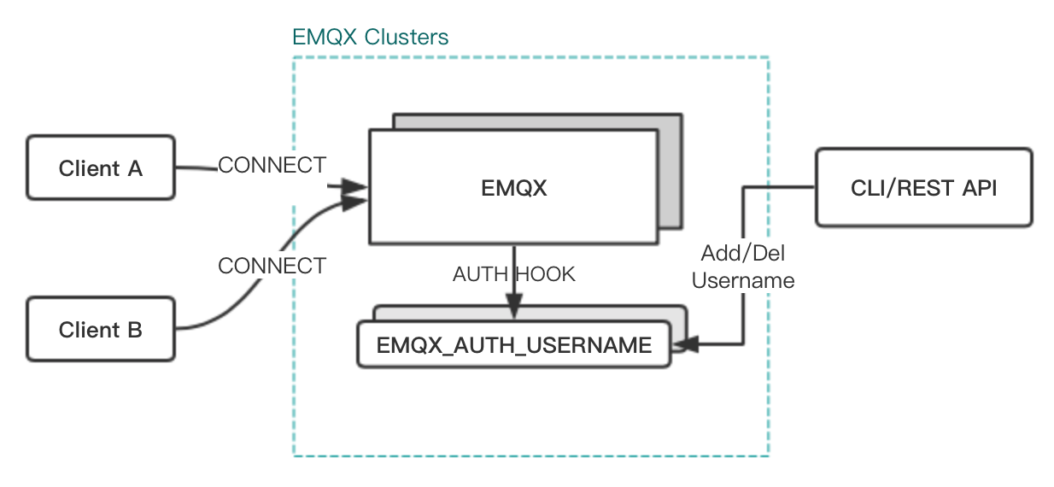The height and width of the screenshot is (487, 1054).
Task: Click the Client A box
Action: click(100, 167)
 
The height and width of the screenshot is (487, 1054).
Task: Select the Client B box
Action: click(100, 329)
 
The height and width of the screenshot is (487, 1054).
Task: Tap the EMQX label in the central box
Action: click(512, 188)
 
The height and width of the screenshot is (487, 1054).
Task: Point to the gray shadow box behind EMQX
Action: click(670, 171)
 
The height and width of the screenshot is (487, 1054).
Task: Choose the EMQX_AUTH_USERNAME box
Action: click(513, 345)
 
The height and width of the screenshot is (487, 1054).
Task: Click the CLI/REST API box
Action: click(923, 188)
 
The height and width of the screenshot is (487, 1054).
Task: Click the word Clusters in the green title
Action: click(407, 38)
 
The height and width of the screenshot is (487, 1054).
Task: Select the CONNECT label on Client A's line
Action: click(272, 165)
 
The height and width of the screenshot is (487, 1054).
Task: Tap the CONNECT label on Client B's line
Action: click(272, 266)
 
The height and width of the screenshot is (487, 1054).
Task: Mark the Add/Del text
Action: click(742, 254)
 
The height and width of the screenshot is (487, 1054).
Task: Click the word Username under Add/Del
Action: click(742, 280)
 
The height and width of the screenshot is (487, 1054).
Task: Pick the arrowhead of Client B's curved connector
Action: click(354, 202)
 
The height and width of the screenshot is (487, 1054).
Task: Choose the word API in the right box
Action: click(978, 188)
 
